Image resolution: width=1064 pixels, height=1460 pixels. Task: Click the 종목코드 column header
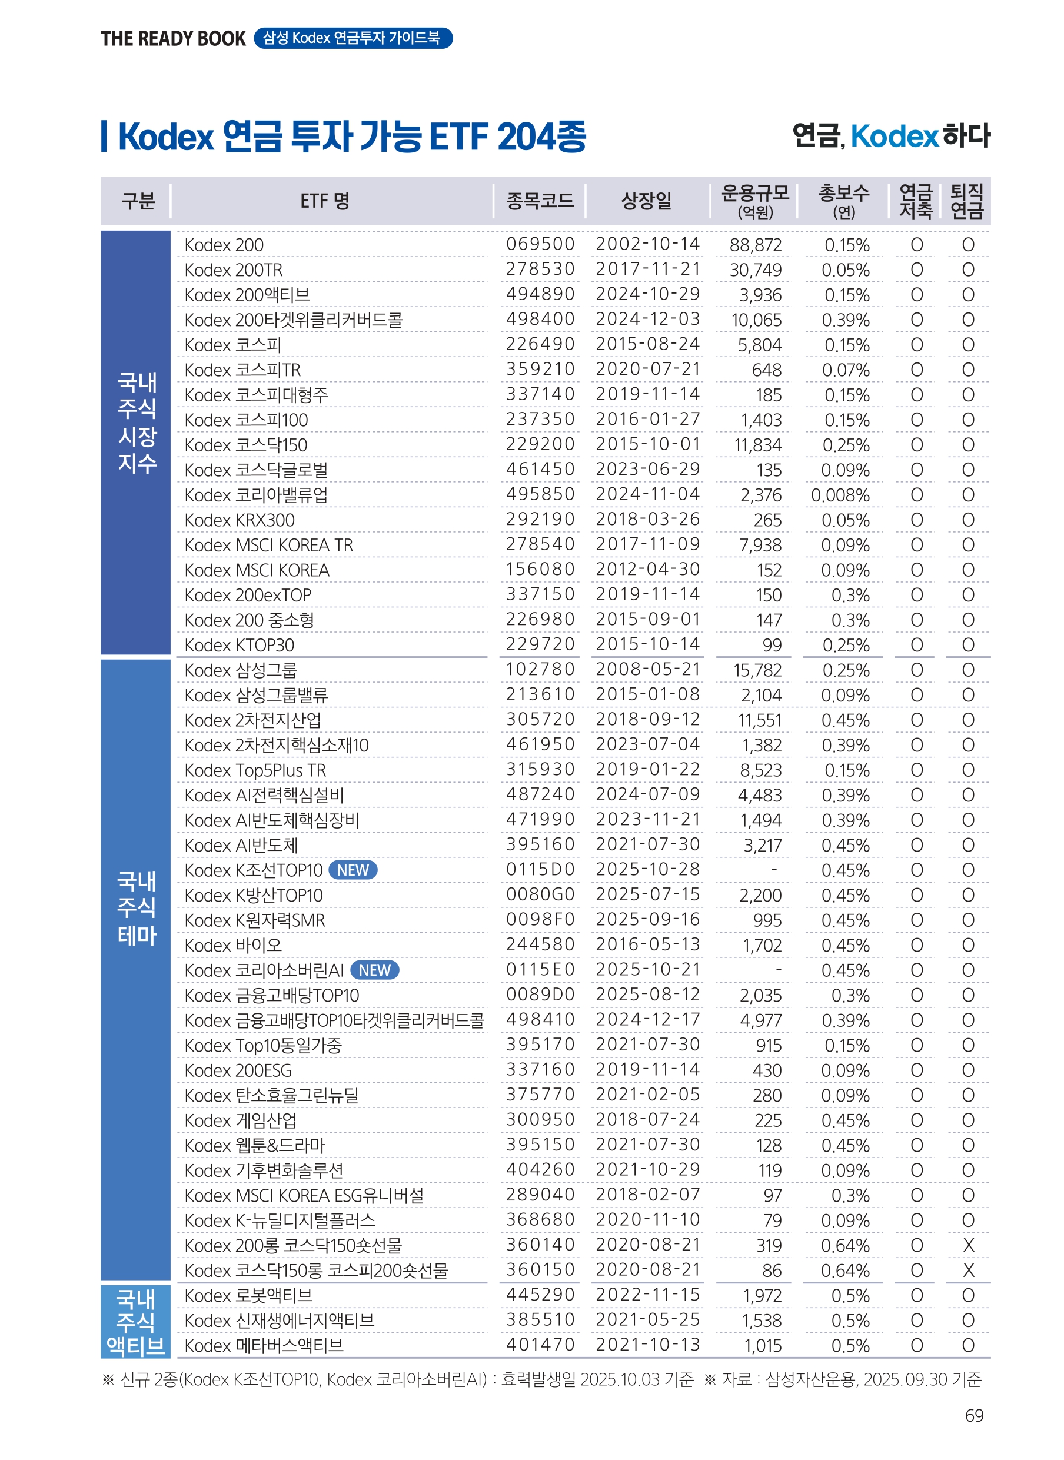(x=539, y=201)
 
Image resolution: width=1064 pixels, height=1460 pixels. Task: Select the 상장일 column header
(x=646, y=201)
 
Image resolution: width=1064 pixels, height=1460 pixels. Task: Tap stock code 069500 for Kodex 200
(x=540, y=244)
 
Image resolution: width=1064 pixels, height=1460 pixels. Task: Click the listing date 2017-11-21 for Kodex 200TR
(x=647, y=269)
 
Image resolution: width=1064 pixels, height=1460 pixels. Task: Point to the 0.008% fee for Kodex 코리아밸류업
(x=840, y=495)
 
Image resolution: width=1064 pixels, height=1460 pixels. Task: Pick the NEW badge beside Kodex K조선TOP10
(x=353, y=870)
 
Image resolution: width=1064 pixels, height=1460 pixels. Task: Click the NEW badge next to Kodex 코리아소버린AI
(x=374, y=970)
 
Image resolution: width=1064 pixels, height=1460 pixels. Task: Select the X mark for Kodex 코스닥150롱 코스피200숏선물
(x=967, y=1271)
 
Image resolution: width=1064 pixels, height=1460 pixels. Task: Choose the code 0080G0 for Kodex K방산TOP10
(x=540, y=894)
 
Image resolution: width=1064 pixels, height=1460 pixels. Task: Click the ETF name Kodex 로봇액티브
(x=248, y=1296)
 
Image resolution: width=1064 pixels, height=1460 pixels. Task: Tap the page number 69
(x=974, y=1415)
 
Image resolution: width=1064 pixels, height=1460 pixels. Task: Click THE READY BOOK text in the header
(x=173, y=39)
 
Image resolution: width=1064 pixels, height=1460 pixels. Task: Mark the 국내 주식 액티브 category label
(x=136, y=1322)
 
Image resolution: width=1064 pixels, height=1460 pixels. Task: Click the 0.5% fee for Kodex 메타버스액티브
(x=850, y=1346)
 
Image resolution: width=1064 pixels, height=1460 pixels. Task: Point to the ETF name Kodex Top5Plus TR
(x=255, y=770)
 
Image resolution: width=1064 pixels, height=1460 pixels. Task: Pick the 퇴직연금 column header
(x=967, y=201)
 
